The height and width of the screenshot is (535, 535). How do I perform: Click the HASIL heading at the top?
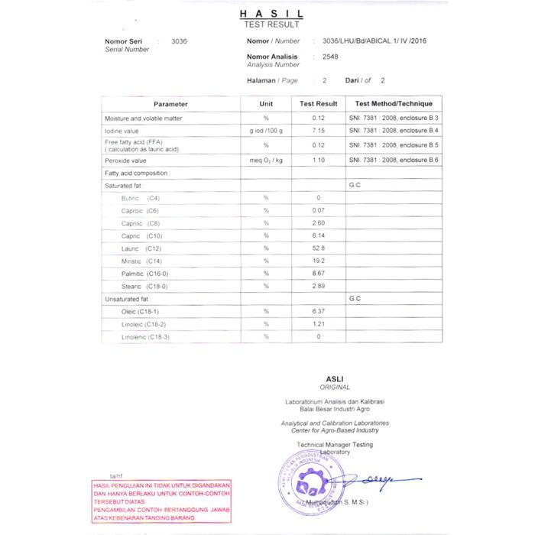click(271, 14)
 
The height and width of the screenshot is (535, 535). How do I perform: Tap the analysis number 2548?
click(331, 57)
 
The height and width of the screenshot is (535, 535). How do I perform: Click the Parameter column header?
click(170, 104)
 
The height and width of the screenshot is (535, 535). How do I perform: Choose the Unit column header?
click(266, 104)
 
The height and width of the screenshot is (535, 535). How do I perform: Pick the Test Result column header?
click(319, 104)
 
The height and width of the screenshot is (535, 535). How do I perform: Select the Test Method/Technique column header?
click(394, 104)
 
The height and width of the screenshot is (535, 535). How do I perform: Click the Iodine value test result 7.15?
click(319, 131)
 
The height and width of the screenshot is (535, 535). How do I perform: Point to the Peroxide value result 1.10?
click(319, 160)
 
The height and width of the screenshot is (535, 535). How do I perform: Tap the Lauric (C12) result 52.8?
click(319, 248)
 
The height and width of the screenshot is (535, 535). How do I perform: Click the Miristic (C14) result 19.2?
click(319, 261)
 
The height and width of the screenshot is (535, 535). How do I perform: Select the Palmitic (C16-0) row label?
click(144, 274)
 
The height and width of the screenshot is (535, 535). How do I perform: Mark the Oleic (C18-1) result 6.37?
click(319, 311)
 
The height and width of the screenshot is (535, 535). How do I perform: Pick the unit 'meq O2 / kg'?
click(266, 160)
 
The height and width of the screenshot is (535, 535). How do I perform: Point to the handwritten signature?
click(374, 479)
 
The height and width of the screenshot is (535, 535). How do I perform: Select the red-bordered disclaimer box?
click(161, 501)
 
